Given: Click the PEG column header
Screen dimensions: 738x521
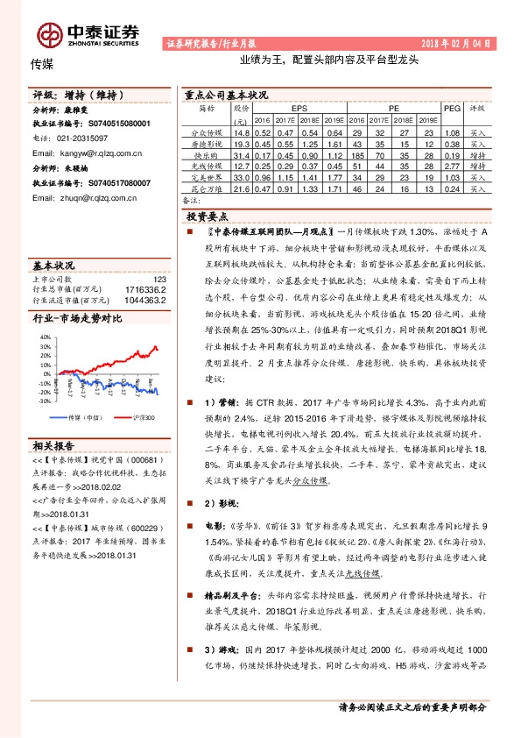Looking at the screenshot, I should (x=452, y=109).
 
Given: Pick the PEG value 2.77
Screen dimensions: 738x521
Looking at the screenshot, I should (x=452, y=165).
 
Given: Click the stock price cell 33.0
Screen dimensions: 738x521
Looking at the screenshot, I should (x=242, y=176).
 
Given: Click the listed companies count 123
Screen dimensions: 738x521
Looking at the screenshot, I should (x=158, y=279).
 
